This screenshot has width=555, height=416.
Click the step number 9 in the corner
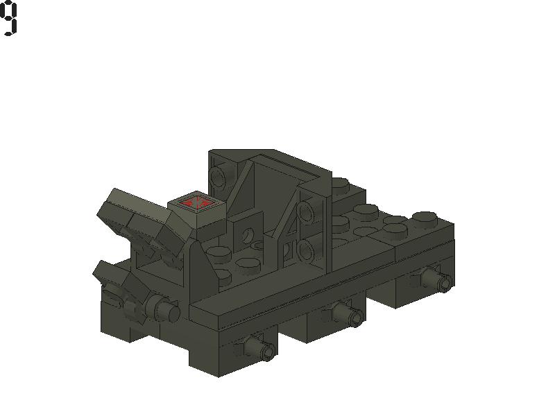click(9, 18)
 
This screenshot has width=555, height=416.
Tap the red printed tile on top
click(196, 202)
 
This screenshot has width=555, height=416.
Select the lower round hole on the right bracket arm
click(307, 250)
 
